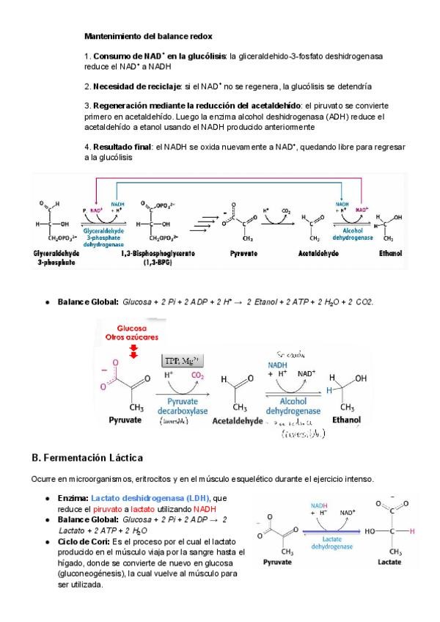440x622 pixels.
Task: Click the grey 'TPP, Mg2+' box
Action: click(x=181, y=359)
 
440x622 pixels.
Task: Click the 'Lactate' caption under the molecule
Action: click(x=387, y=563)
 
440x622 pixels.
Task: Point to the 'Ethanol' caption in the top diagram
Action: click(x=390, y=253)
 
